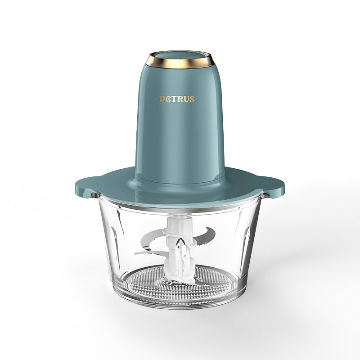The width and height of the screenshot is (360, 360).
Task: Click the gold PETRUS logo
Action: (x=177, y=99)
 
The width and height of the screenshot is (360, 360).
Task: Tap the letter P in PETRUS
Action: (x=162, y=99)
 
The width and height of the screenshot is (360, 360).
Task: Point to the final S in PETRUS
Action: (x=192, y=99)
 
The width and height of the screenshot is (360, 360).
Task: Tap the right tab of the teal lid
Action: (x=274, y=186)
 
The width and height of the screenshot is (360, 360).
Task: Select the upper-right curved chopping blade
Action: (x=206, y=235)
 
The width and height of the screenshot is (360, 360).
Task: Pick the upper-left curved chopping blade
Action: (x=152, y=239)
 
